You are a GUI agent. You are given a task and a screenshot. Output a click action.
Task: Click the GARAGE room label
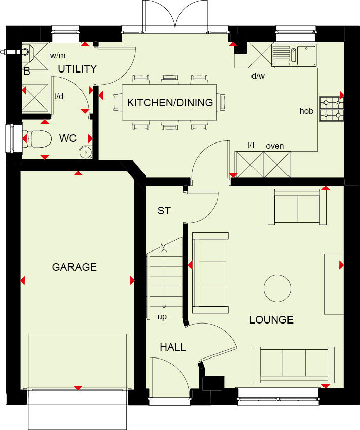(x=75, y=267)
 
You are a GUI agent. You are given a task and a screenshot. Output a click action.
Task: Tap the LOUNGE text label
(x=271, y=320)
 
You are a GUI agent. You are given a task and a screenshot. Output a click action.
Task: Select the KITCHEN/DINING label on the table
(x=170, y=103)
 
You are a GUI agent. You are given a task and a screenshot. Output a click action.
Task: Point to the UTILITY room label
(x=77, y=69)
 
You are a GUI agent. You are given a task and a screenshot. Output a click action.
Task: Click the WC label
(x=67, y=138)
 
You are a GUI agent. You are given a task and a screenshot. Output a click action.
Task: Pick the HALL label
(x=173, y=347)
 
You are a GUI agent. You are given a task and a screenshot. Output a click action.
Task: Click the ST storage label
(x=164, y=211)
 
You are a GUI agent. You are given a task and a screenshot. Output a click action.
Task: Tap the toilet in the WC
(x=39, y=138)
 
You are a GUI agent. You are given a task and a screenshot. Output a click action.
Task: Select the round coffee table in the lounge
(x=277, y=288)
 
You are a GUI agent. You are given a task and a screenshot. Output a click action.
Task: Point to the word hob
(x=306, y=110)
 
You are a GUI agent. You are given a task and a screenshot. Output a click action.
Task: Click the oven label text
(x=275, y=146)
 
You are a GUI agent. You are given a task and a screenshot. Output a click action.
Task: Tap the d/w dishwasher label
(x=258, y=76)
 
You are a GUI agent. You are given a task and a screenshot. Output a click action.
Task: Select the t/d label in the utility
(x=59, y=96)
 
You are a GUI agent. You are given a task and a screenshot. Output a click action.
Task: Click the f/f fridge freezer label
(x=250, y=146)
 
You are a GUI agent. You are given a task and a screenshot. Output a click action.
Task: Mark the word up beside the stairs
(x=162, y=317)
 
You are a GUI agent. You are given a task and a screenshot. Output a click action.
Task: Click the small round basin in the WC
(x=85, y=151)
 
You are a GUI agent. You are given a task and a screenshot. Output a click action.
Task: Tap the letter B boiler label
(x=27, y=72)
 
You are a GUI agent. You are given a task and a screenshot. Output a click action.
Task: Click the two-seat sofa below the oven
(x=297, y=206)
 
